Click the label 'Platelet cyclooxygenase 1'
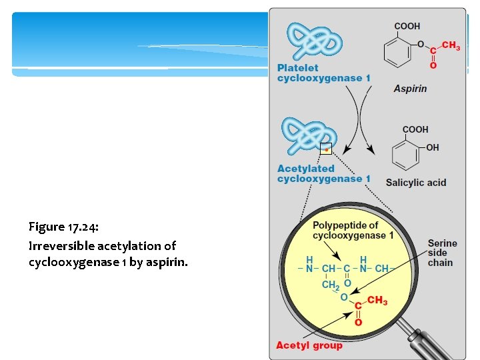pos(324,73)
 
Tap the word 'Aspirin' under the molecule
pos(410,89)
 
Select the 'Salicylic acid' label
pos(415,183)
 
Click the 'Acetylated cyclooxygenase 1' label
pos(324,174)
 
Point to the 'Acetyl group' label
pos(309,345)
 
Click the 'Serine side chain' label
pos(443,253)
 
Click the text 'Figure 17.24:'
pos(64,227)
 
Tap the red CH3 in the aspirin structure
pos(451,46)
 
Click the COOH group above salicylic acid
pos(415,129)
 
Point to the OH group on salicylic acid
pos(433,148)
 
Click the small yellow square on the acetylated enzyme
pos(326,149)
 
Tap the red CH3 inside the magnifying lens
pos(377,301)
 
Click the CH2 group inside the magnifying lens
pos(330,285)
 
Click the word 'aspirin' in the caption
pos(170,262)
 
